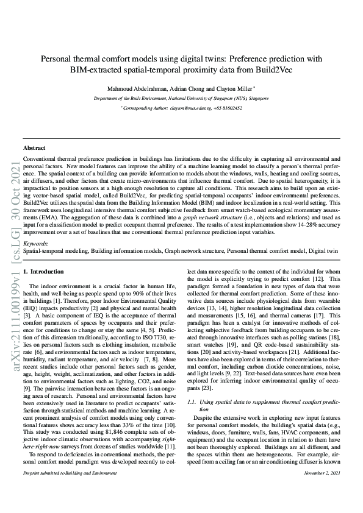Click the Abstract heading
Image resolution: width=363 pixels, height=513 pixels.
(34, 148)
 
